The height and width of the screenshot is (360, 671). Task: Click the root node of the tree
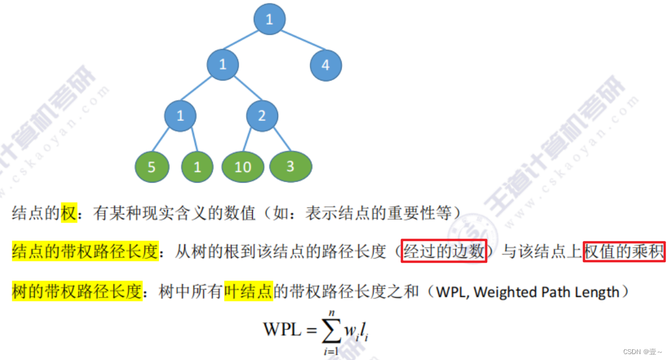click(x=269, y=19)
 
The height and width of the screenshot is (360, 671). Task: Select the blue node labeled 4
click(x=325, y=65)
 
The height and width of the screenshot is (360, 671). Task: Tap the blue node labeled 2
click(x=262, y=115)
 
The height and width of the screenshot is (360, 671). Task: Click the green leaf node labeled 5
click(x=151, y=167)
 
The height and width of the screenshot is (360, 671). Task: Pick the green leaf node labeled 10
click(x=243, y=167)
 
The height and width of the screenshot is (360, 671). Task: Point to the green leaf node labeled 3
click(x=290, y=166)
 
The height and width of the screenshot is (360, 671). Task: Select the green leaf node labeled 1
click(x=197, y=167)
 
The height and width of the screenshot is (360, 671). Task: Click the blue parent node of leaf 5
click(x=180, y=115)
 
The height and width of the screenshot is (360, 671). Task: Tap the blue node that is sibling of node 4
click(x=223, y=64)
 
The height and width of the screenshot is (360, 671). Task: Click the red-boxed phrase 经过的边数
click(x=444, y=252)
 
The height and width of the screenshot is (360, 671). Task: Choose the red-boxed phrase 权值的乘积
click(x=624, y=252)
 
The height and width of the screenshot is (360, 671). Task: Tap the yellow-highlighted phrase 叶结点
click(x=248, y=292)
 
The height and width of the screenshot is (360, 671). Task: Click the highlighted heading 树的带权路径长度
click(x=77, y=292)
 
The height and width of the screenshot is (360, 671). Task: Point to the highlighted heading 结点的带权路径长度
click(x=85, y=252)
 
